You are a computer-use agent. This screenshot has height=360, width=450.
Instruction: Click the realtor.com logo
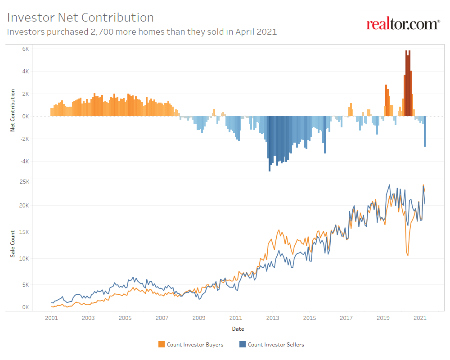403,24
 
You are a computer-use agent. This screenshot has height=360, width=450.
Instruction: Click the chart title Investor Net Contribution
81,18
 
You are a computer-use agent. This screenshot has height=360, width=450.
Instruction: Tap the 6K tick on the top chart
25,49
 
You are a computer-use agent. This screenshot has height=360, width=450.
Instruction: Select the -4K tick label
24,161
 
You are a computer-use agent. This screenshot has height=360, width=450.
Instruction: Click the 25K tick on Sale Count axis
24,182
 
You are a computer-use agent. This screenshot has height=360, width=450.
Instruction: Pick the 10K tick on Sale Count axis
24,259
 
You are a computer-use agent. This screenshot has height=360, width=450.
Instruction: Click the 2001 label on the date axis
51,318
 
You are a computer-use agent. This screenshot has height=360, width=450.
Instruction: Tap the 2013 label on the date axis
272,318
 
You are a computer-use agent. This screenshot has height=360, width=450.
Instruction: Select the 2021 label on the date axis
420,318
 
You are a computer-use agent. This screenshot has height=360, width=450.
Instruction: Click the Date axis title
238,329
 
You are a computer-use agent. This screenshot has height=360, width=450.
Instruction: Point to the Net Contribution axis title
13,111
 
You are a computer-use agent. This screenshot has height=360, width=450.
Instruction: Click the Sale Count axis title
13,244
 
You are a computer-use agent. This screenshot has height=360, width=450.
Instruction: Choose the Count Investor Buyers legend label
195,345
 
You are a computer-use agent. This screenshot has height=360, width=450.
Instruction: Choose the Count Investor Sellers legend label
276,345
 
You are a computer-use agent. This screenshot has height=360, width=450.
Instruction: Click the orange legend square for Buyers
162,345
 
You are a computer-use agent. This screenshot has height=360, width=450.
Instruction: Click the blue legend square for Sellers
243,345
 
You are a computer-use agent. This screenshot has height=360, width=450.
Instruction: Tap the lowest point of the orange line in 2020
408,256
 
